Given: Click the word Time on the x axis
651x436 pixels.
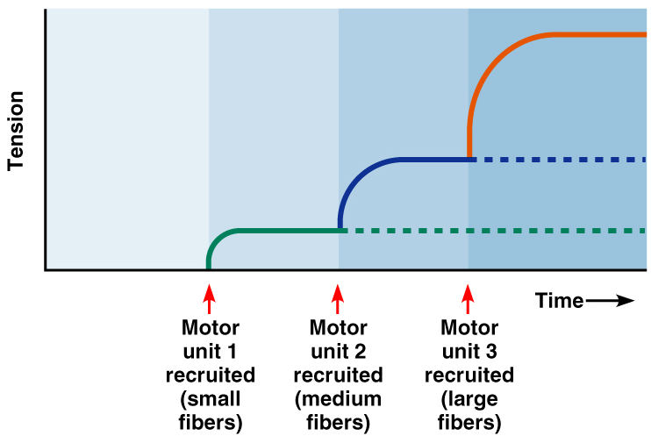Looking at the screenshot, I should click(x=559, y=301).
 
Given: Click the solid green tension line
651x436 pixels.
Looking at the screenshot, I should click(x=281, y=231).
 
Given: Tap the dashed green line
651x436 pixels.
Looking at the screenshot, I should click(x=491, y=231).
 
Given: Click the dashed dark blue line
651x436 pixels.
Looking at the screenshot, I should click(x=562, y=160).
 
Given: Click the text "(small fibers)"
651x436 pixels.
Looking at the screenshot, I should click(x=210, y=411).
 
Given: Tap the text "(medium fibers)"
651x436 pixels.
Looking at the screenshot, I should click(x=339, y=411).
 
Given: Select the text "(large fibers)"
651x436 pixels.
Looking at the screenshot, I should click(x=469, y=411).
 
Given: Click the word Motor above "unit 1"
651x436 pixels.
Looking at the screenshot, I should click(x=210, y=329).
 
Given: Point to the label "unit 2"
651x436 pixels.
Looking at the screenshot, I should click(x=339, y=353).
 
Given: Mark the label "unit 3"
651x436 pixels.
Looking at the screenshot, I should click(x=469, y=353).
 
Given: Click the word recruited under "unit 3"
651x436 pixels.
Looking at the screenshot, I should click(x=469, y=376).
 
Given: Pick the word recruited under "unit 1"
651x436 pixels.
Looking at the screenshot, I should click(x=210, y=376).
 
